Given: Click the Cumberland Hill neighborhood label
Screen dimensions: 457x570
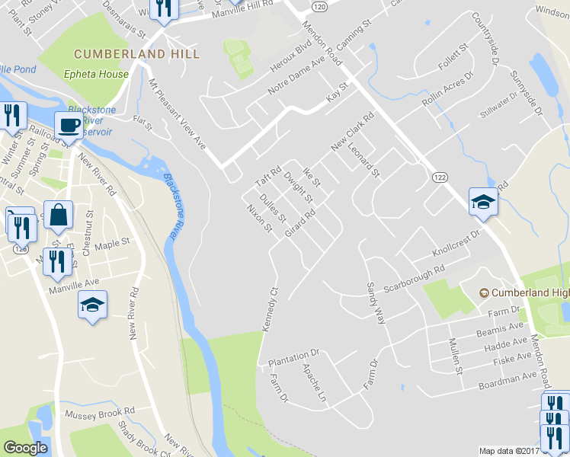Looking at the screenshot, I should tap(136, 55).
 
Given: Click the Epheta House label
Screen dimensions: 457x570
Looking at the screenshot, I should tap(96, 75).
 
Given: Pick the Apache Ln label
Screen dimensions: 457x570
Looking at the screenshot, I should tap(314, 384).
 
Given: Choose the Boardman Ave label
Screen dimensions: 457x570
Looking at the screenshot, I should tap(508, 381).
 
